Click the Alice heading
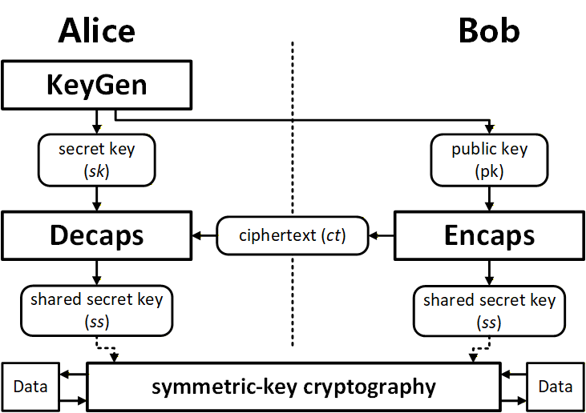[x=96, y=31]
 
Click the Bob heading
[x=489, y=31]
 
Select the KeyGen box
[x=96, y=86]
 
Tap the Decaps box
[x=96, y=235]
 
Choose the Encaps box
[x=490, y=235]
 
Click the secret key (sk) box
[x=96, y=159]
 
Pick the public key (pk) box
[x=490, y=159]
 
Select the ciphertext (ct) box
[x=292, y=235]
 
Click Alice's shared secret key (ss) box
[x=96, y=311]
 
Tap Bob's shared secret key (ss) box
[x=490, y=311]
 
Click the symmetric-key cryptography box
[x=293, y=387]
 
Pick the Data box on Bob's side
[x=555, y=387]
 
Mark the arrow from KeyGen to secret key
[x=96, y=120]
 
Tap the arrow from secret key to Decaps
[x=96, y=198]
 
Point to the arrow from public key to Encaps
[x=490, y=198]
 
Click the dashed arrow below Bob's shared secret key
[x=477, y=351]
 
